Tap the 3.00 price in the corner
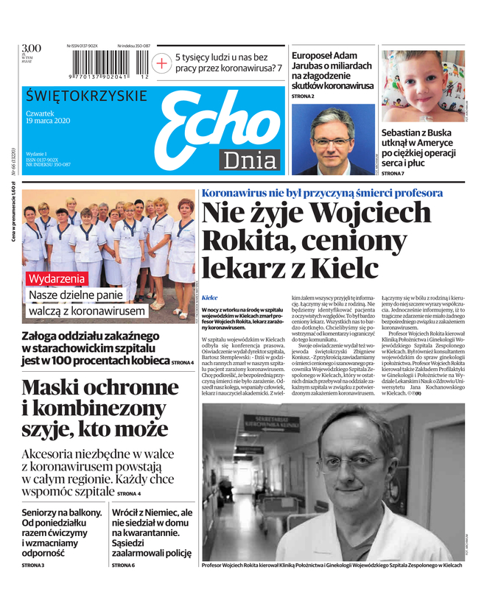click(32, 49)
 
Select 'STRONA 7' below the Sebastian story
click(393, 173)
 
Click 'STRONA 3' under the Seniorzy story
click(33, 565)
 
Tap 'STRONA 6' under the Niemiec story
click(123, 565)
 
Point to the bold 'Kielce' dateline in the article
click(210, 298)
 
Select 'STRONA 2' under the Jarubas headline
click(303, 96)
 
